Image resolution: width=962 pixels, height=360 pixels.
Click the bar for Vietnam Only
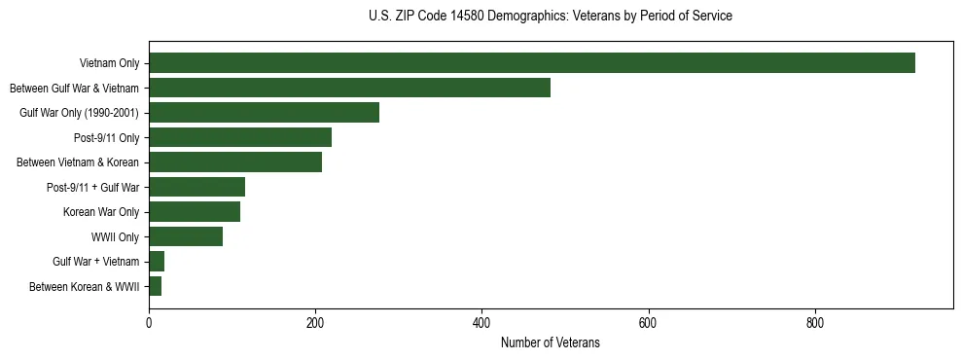click(531, 63)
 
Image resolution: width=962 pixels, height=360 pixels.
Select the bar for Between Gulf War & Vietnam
click(349, 88)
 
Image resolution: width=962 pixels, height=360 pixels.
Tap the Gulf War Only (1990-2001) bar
click(264, 113)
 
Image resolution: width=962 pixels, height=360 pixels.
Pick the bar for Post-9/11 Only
click(240, 137)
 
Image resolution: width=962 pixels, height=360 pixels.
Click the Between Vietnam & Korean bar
click(235, 162)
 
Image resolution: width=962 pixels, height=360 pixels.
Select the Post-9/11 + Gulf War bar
click(196, 187)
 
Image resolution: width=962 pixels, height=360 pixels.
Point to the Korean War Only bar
click(195, 212)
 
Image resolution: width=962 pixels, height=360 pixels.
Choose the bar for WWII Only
click(186, 236)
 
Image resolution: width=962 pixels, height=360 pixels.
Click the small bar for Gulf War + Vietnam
click(157, 262)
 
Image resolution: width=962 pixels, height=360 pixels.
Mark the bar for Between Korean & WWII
click(156, 286)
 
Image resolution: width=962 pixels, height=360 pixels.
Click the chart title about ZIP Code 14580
click(551, 17)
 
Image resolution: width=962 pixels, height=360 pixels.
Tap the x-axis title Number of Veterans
click(551, 343)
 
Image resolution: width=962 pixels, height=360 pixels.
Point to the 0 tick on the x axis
click(149, 322)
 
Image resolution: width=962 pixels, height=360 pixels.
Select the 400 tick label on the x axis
click(481, 322)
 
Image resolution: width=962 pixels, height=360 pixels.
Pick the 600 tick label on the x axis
click(648, 322)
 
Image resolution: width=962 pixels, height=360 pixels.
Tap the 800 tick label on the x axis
click(814, 322)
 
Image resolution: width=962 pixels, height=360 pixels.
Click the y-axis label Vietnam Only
click(109, 64)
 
